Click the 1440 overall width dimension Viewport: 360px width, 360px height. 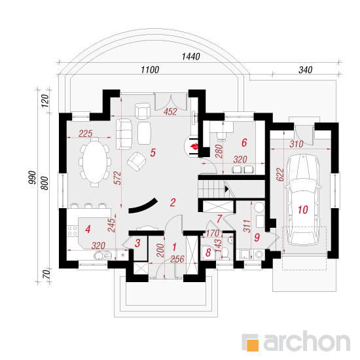(x=190, y=56)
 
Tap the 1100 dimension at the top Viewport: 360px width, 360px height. (x=150, y=69)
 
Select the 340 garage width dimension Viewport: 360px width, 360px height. (x=306, y=70)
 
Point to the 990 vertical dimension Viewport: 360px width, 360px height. (x=32, y=177)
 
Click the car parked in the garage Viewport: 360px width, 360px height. (x=303, y=200)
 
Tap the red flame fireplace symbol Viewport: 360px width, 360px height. (x=194, y=146)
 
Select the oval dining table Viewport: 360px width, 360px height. (x=95, y=162)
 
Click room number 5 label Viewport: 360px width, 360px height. (x=153, y=153)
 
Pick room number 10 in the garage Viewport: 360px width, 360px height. (x=303, y=209)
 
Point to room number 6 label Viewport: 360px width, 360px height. (x=244, y=143)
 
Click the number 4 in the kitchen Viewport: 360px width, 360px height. (x=88, y=229)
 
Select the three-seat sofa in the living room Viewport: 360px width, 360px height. (x=124, y=134)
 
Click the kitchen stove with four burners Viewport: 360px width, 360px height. (x=72, y=231)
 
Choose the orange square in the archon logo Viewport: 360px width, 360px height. (x=253, y=345)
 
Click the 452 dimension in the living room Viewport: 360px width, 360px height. (x=170, y=112)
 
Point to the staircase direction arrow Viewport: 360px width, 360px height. (x=227, y=189)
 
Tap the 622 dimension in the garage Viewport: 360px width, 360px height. (x=280, y=175)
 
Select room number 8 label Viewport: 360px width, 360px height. (x=208, y=253)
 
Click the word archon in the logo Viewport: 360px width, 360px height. (x=307, y=342)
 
